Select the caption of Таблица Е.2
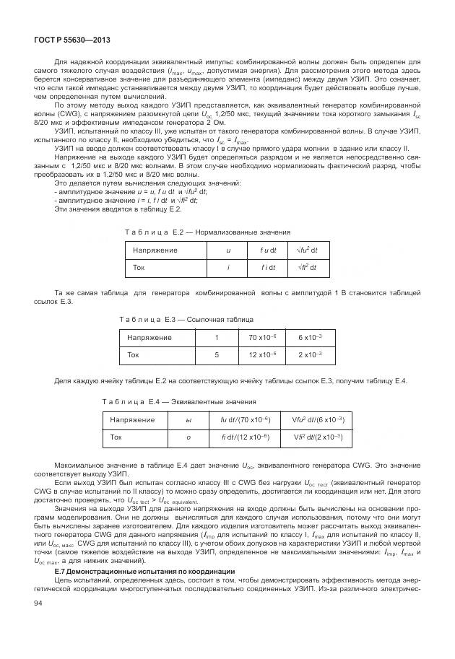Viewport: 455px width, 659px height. [x=207, y=232]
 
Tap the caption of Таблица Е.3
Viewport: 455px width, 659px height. [x=186, y=318]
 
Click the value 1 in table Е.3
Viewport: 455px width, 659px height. [x=216, y=337]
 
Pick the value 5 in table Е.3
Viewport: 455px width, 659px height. [x=216, y=354]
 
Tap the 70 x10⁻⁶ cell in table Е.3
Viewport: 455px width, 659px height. [x=263, y=337]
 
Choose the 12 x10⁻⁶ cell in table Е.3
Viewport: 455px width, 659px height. [x=263, y=354]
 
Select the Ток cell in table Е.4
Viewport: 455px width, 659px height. [x=116, y=437]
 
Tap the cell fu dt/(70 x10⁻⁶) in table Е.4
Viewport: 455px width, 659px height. [x=240, y=419]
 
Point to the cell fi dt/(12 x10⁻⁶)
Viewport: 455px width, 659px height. [x=240, y=437]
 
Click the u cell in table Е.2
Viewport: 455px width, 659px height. [x=229, y=249]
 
